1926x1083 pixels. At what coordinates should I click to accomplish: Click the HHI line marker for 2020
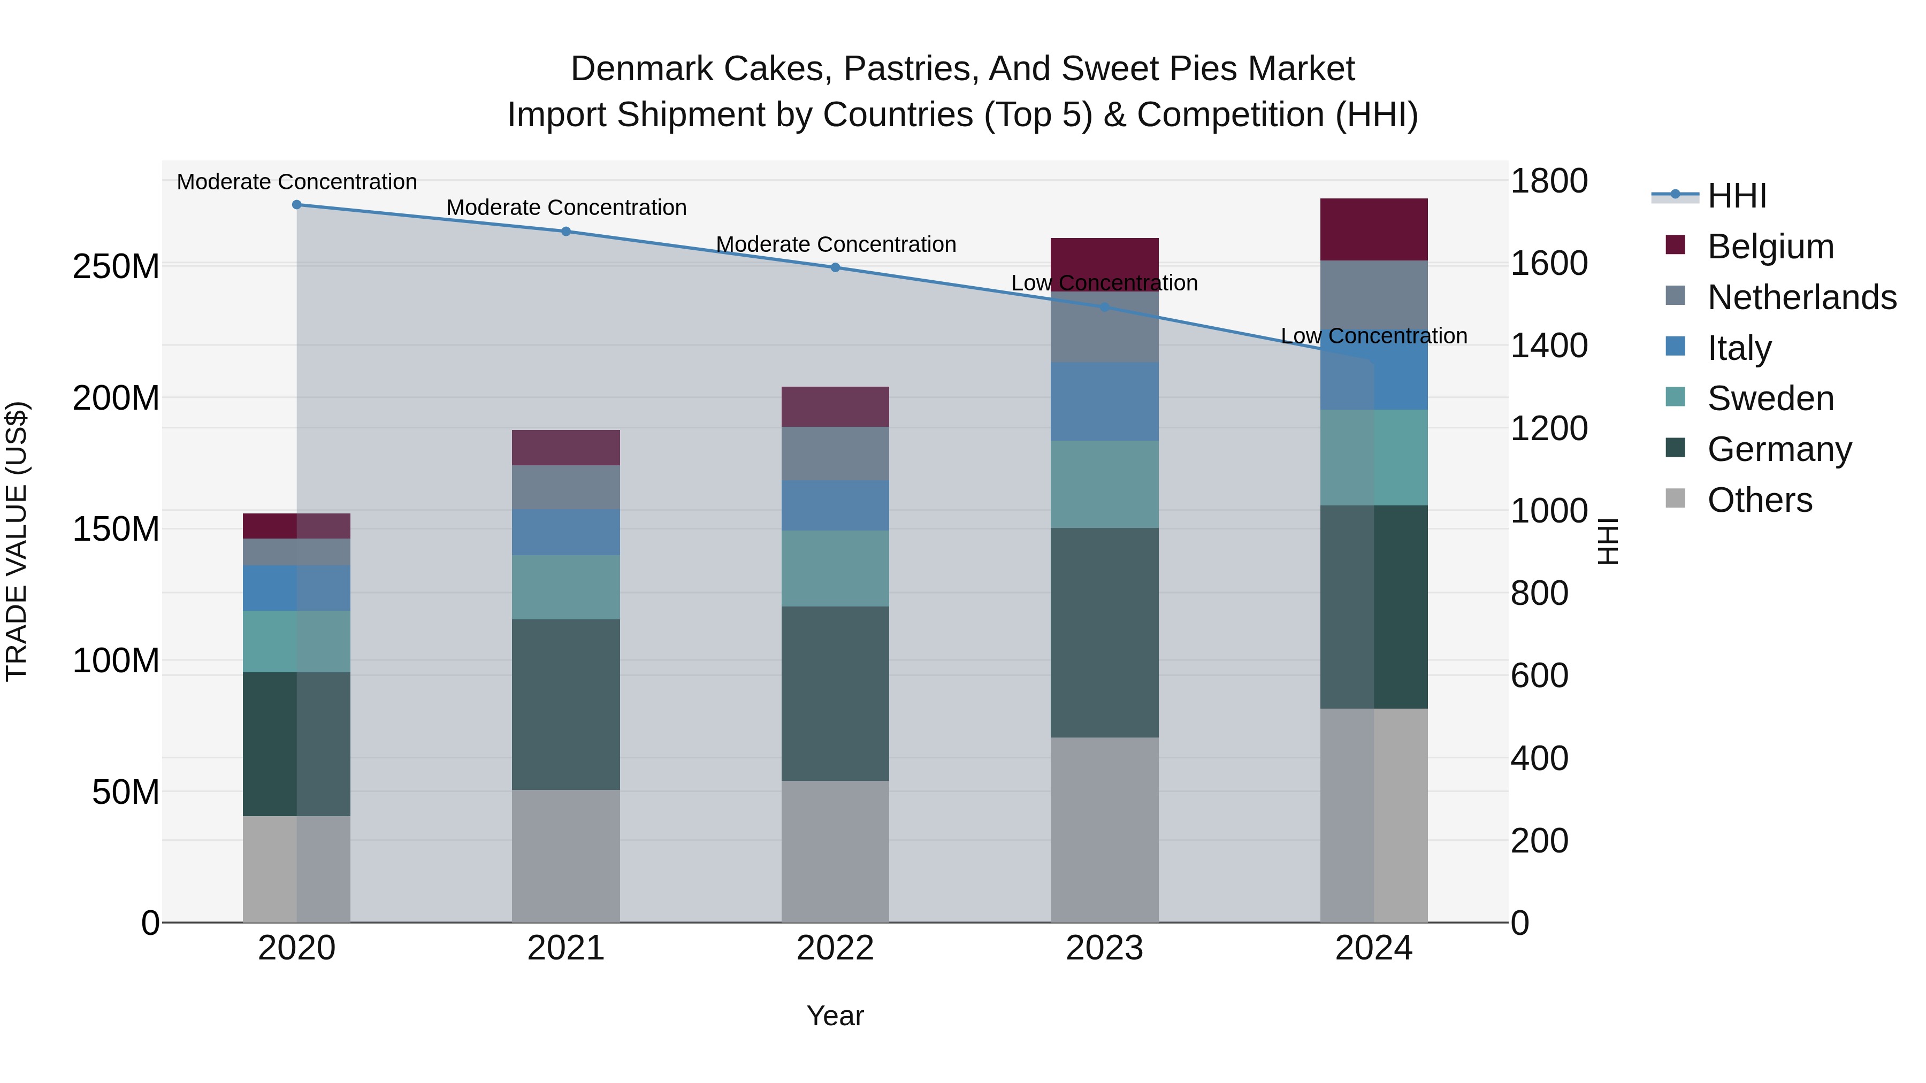point(297,205)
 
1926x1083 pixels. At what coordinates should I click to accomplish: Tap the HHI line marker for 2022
point(835,267)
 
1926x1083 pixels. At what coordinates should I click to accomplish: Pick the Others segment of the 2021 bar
point(566,856)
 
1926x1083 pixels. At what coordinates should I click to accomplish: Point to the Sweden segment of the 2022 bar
point(835,568)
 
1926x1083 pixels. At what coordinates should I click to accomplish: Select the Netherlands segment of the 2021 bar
point(566,487)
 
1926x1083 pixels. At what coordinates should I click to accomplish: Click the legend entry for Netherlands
point(1801,297)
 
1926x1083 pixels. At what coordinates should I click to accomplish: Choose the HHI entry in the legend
point(1736,196)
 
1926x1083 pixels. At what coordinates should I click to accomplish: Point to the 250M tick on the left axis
point(116,267)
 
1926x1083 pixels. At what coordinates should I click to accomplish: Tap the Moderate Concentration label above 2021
point(566,208)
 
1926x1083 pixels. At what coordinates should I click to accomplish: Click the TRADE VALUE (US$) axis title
point(17,541)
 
